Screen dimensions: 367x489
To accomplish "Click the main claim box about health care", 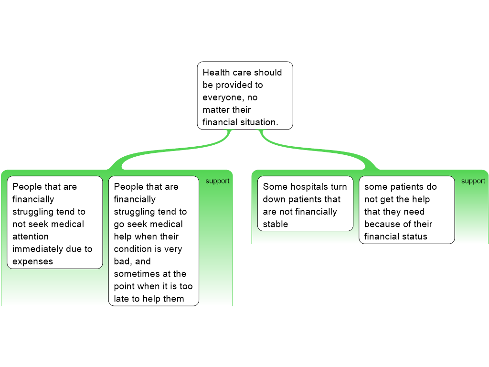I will pos(244,96).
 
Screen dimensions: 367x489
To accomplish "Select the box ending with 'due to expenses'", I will pos(55,222).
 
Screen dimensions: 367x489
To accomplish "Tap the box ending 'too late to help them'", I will pos(153,241).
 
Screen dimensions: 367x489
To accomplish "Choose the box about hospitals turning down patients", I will pos(305,204).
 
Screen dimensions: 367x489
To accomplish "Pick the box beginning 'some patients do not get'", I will pos(406,210).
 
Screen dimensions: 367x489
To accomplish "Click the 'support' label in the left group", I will pos(217,181).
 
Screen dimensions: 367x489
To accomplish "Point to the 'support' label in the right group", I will pos(473,181).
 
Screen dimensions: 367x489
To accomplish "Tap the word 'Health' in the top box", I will pos(215,73).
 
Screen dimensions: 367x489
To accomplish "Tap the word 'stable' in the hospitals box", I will pos(276,224).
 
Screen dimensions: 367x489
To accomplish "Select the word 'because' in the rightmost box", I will pos(382,224).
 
